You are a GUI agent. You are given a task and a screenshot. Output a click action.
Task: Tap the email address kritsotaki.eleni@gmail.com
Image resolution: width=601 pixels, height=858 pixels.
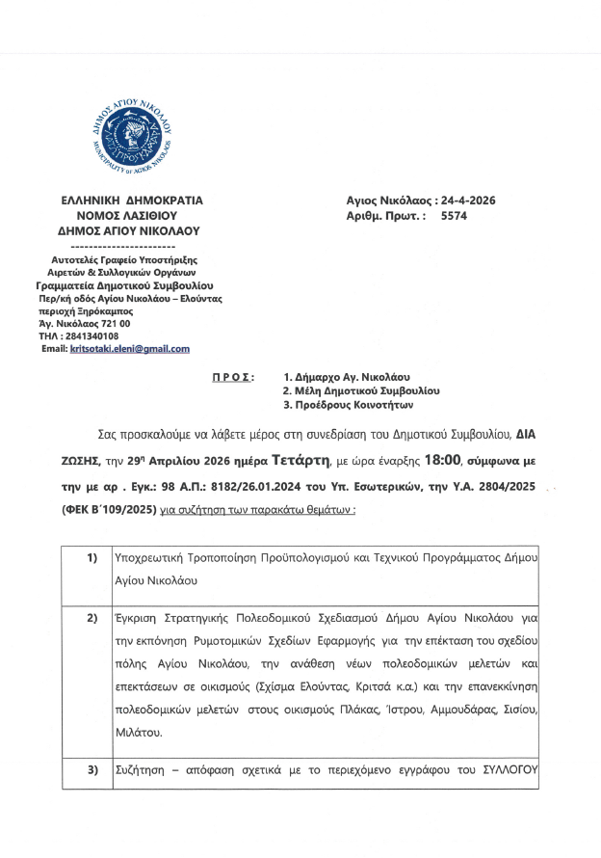[x=130, y=349]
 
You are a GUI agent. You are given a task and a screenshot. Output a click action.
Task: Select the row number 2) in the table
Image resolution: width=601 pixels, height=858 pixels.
[x=92, y=614]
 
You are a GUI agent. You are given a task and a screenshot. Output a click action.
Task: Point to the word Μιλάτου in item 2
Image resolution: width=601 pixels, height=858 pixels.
[x=137, y=733]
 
